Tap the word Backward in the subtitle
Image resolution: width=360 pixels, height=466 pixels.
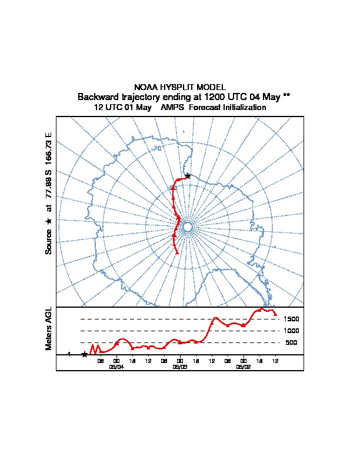click(98, 97)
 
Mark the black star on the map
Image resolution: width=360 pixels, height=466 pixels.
click(188, 175)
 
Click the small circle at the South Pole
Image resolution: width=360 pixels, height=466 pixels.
click(188, 227)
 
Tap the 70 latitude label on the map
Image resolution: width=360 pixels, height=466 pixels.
click(157, 148)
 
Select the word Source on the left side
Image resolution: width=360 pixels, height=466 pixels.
click(49, 241)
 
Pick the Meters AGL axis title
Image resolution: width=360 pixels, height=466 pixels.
click(49, 328)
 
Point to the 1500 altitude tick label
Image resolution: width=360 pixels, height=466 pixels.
click(291, 319)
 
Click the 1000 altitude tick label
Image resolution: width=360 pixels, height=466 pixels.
click(291, 331)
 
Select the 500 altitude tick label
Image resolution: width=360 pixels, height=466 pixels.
click(291, 342)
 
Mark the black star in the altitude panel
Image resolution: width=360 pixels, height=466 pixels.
click(85, 354)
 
